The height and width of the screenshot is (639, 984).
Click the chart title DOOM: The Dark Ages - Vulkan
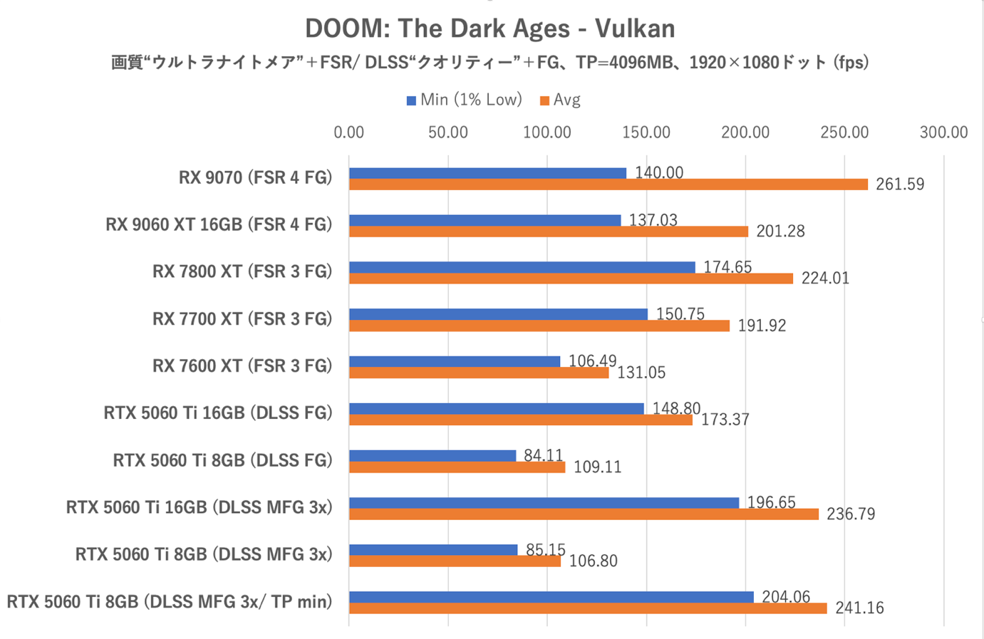coord(490,28)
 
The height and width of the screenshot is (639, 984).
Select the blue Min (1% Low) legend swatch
coord(411,100)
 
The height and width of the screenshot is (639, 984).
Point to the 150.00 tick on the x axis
coord(646,133)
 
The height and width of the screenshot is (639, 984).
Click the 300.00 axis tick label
coord(943,133)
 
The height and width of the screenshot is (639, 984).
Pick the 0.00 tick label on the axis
coord(348,133)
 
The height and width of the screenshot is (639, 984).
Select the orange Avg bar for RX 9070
coord(608,185)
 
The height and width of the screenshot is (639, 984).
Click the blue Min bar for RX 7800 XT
coord(522,267)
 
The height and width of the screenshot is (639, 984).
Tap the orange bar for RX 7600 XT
coord(479,373)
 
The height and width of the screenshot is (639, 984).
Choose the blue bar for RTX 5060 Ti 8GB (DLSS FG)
coord(433,455)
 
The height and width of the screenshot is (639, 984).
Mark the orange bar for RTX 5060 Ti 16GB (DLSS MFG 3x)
coord(584,514)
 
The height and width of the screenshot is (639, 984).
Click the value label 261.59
coord(900,185)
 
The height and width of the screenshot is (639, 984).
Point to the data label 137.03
coord(653,220)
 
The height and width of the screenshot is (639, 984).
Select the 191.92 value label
coord(762,326)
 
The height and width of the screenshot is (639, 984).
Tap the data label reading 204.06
coord(786,597)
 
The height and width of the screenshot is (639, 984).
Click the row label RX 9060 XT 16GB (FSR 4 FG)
coord(219,225)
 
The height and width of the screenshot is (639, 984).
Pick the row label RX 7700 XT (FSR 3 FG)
coord(242,319)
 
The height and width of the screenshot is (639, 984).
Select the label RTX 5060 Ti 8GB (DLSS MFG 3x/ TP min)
coord(170,602)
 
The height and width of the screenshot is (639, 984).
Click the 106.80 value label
coord(593,561)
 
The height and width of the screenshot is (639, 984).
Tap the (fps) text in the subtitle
coord(852,63)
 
